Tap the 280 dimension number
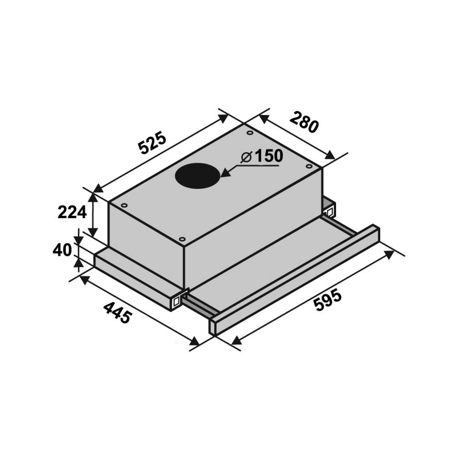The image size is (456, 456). coord(304,122)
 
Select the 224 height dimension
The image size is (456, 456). coord(72,212)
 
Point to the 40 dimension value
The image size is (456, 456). coord(62,250)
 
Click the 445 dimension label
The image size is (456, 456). coord(118,313)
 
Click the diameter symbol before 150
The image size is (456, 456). coord(246,157)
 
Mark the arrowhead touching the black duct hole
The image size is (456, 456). coord(226,173)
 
